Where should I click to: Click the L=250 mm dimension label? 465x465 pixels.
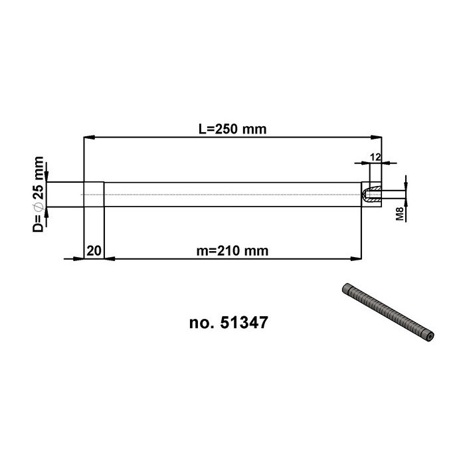(232, 130)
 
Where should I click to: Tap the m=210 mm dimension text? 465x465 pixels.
(232, 251)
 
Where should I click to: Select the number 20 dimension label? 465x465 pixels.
(94, 251)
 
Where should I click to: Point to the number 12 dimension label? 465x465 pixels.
(375, 157)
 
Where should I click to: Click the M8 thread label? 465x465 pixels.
(400, 214)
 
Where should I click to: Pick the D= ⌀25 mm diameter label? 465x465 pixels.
(39, 194)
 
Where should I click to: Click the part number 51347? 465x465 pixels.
(244, 322)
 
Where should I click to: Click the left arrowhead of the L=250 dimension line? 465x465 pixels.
(89, 138)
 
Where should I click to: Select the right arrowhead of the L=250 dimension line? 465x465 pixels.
(377, 138)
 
